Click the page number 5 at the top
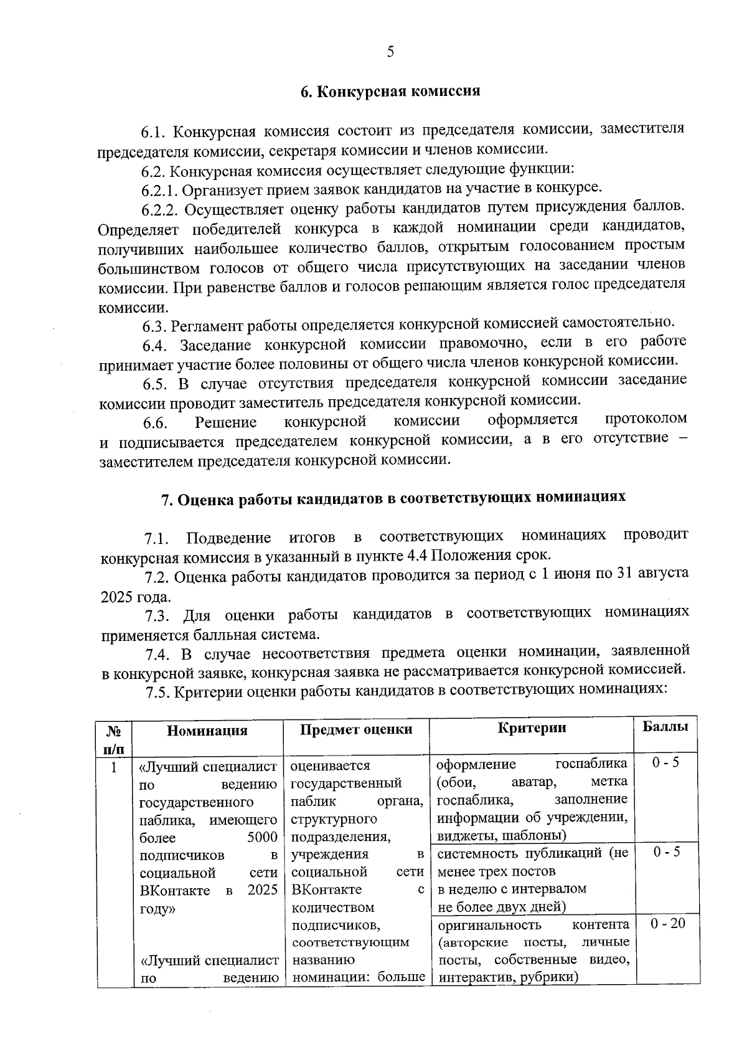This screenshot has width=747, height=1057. click(x=390, y=52)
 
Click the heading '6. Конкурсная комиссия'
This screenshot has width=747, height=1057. click(x=390, y=92)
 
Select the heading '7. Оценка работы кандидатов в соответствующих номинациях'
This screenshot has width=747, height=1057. click(x=393, y=498)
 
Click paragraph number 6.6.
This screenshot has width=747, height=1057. click(x=155, y=424)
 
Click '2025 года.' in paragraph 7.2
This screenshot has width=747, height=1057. click(x=135, y=597)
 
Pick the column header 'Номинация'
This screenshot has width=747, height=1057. click(x=207, y=731)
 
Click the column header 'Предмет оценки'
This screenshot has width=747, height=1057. click(x=356, y=729)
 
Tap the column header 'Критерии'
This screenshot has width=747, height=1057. click(x=532, y=728)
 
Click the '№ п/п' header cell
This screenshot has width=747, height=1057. click(x=115, y=738)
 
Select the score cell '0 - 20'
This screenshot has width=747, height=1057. click(x=667, y=923)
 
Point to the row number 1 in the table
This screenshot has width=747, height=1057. click(x=114, y=767)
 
